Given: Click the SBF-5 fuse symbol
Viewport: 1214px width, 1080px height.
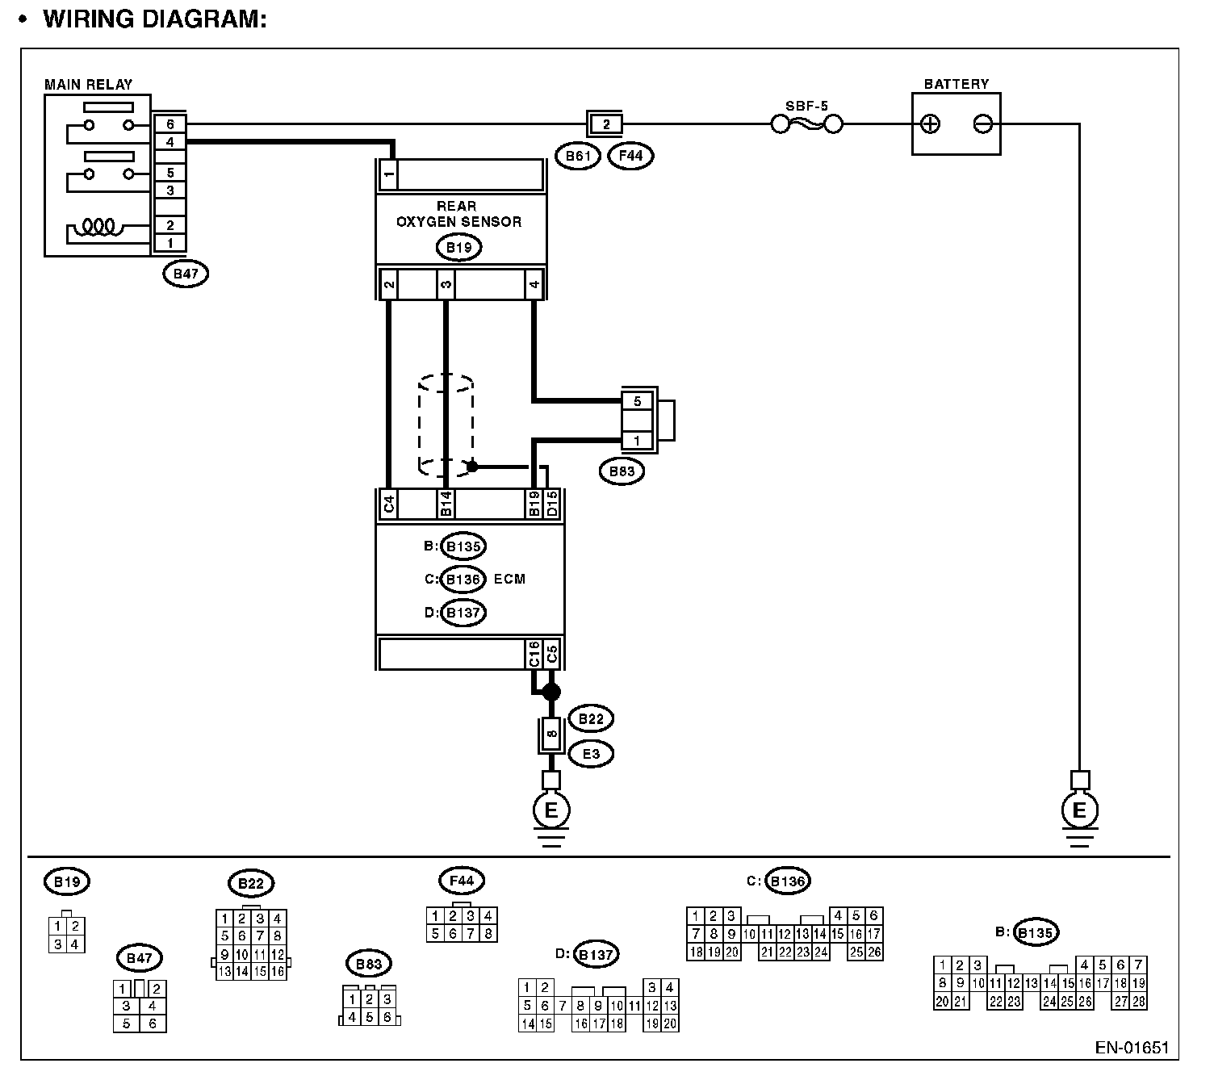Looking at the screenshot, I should click(807, 124).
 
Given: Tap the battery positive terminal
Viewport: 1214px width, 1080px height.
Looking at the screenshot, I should click(931, 124).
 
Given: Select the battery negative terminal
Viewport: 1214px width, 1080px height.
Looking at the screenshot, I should click(982, 124).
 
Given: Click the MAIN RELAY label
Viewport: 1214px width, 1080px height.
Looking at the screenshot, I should click(88, 84).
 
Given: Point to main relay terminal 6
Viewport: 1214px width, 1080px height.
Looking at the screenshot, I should click(170, 124).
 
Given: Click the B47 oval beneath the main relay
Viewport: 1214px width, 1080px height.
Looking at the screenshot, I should click(186, 274).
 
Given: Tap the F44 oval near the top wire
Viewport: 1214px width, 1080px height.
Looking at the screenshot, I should click(630, 155).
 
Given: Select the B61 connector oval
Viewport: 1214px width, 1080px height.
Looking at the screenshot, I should click(578, 155).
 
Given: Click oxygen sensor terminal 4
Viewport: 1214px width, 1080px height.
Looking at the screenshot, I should click(534, 284).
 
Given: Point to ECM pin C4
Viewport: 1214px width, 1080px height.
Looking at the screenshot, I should click(389, 504).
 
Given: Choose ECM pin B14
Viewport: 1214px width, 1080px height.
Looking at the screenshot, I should click(446, 504).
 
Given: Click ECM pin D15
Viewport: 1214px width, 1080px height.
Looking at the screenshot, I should click(552, 504).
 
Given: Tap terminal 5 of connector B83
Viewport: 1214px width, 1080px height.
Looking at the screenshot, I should click(637, 400).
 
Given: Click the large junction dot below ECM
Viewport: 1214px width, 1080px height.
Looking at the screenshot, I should click(551, 692).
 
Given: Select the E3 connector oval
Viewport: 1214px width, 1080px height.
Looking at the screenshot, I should click(591, 754).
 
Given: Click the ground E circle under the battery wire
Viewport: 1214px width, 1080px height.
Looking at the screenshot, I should click(1079, 810).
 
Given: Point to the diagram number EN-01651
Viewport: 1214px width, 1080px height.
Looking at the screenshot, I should click(1132, 1048).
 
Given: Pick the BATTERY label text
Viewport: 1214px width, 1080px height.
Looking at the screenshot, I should click(957, 84).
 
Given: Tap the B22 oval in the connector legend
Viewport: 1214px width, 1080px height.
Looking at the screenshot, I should click(251, 883).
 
